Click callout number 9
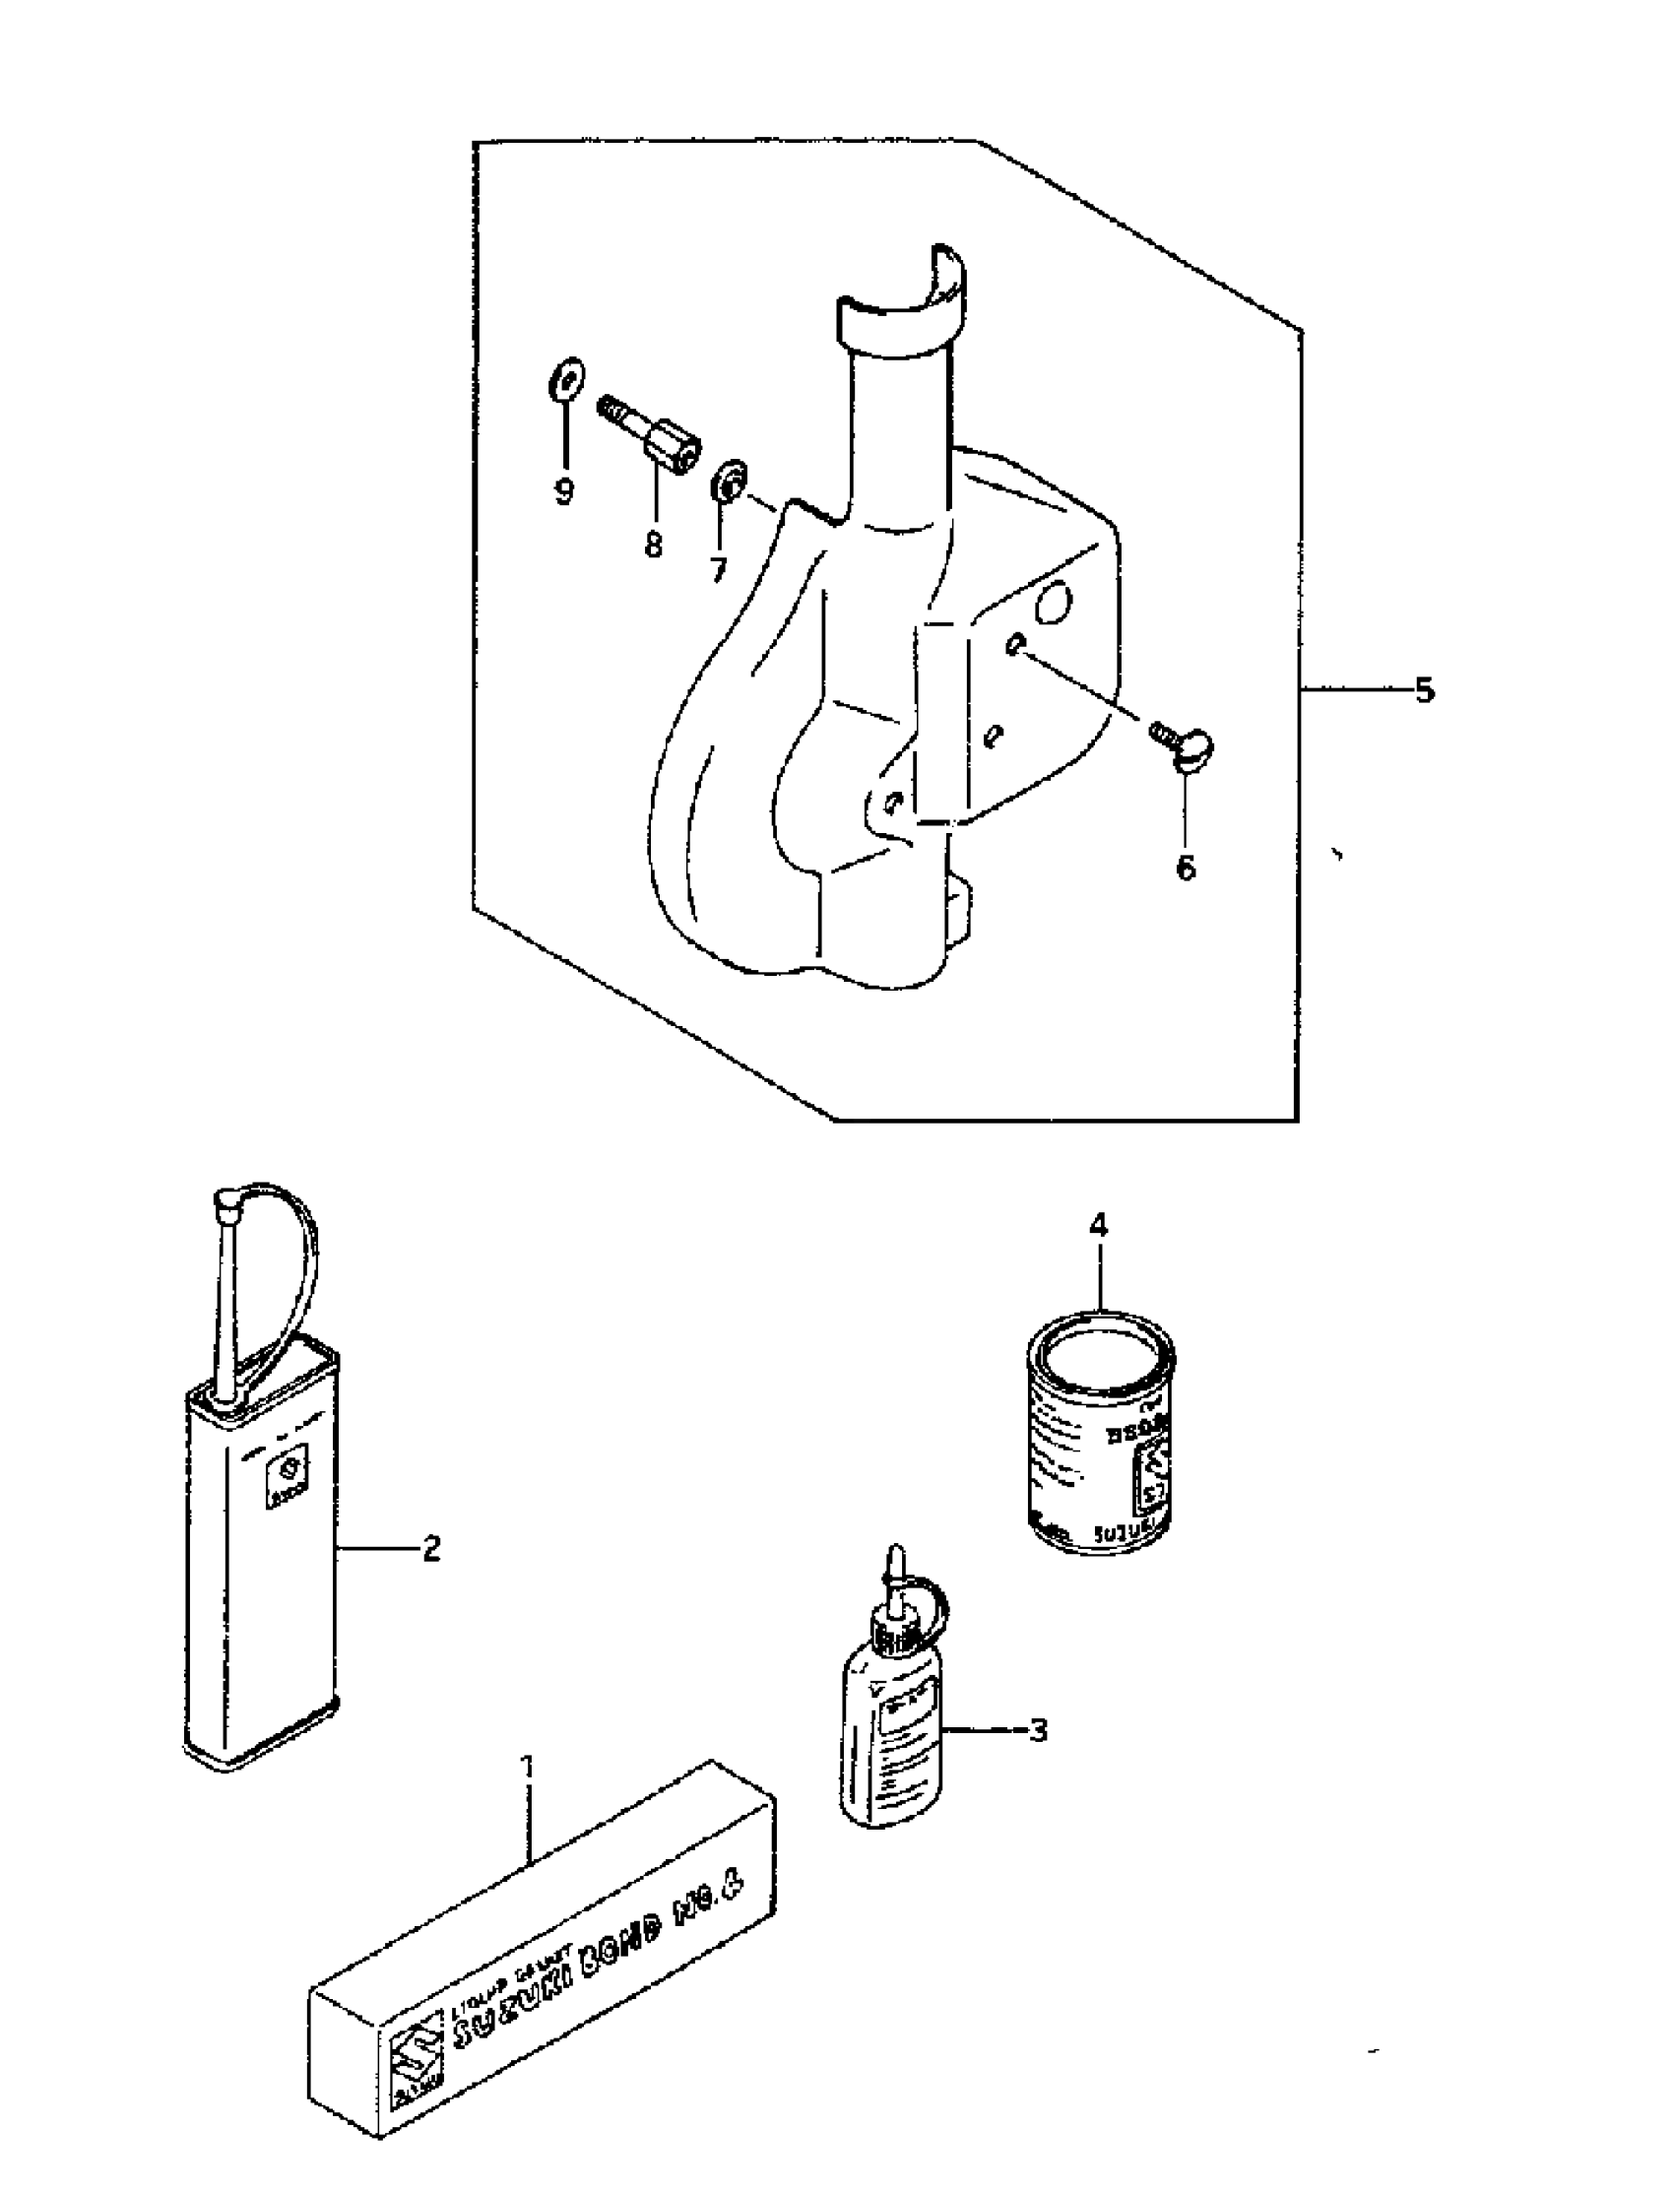[x=564, y=492]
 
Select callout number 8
[x=653, y=545]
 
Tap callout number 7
[x=718, y=570]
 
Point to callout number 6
[x=1186, y=868]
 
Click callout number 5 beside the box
[x=1425, y=689]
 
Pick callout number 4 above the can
[x=1098, y=1227]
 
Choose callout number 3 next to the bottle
[x=1038, y=1731]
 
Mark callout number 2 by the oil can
[x=430, y=1548]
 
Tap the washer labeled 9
[x=567, y=381]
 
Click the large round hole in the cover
[x=1054, y=602]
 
